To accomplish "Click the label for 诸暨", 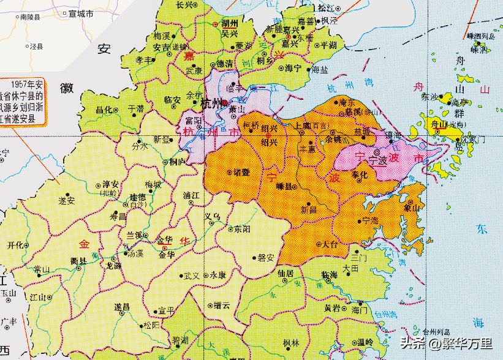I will coord(235,173).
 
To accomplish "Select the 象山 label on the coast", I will coord(410,208).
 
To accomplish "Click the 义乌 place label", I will coord(212,216).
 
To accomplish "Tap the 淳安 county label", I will coord(110,184).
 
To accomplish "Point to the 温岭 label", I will coord(365,342).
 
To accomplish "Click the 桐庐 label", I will coord(178,162).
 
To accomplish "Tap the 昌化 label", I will coord(104,110).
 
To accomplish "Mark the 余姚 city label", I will coord(333,139).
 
